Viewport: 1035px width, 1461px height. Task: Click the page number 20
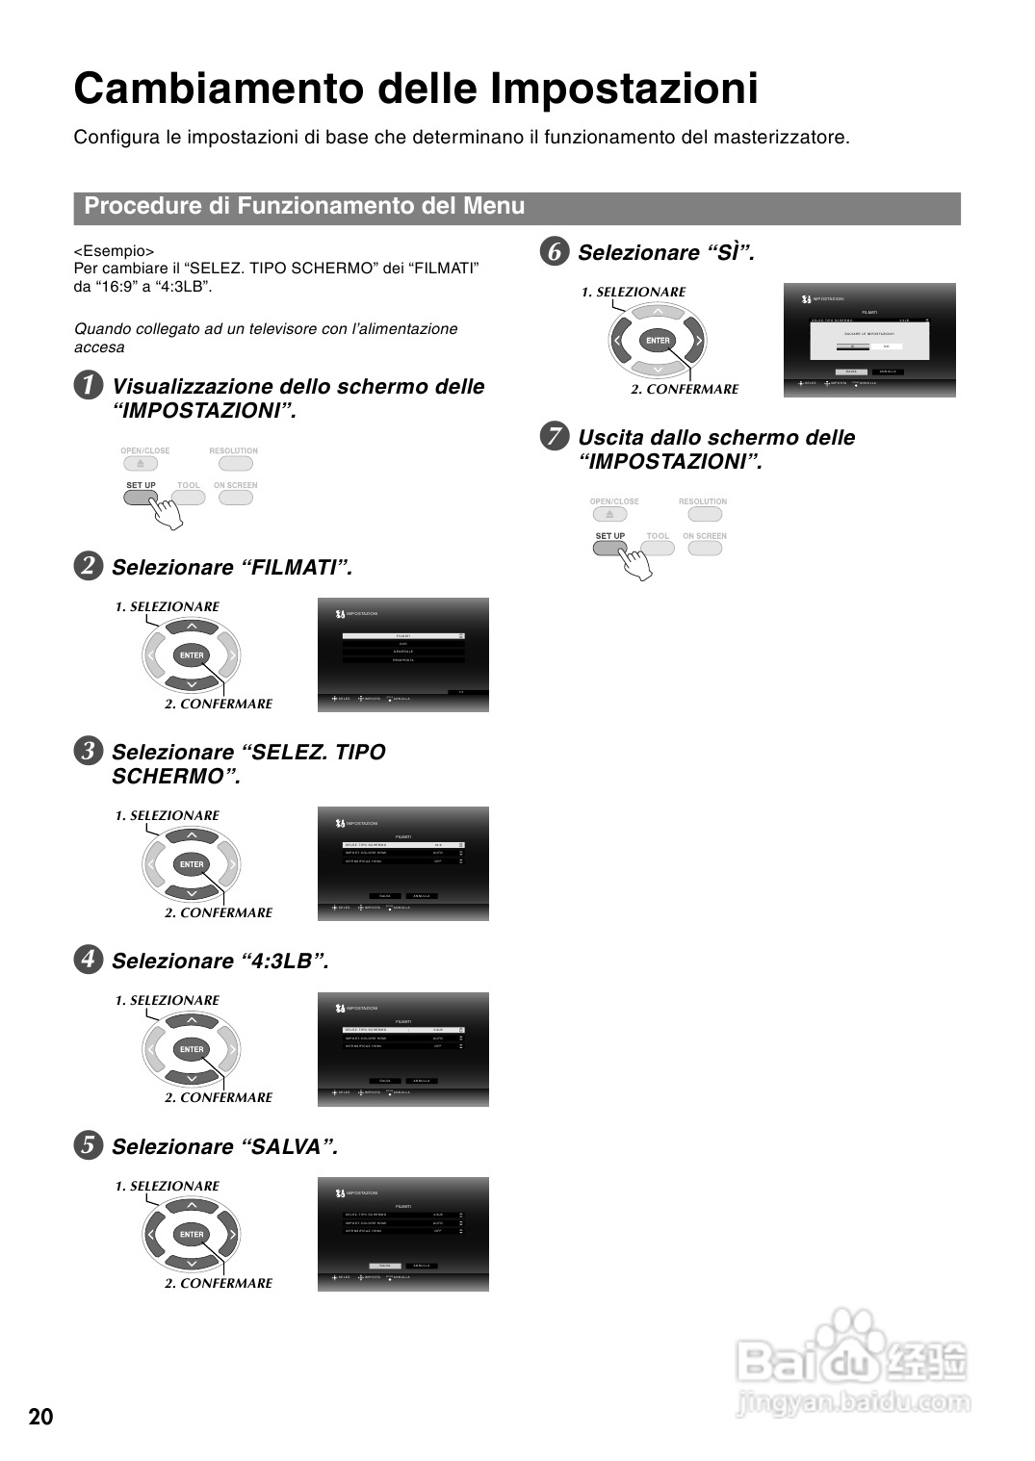point(41,1417)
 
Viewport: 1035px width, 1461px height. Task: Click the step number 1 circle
point(88,386)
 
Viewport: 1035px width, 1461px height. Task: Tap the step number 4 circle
point(88,960)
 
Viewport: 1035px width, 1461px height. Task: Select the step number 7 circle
point(554,437)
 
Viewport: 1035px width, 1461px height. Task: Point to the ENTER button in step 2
point(192,655)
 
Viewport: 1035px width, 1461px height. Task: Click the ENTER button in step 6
point(658,341)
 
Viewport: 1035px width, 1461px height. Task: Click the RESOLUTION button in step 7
point(704,514)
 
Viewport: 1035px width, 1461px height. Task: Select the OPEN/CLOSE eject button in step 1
point(141,463)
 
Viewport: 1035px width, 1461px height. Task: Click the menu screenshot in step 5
point(403,1234)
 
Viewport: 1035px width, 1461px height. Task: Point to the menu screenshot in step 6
point(870,340)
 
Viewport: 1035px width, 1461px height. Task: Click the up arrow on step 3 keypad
point(192,835)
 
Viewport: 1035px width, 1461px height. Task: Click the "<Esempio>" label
point(114,251)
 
